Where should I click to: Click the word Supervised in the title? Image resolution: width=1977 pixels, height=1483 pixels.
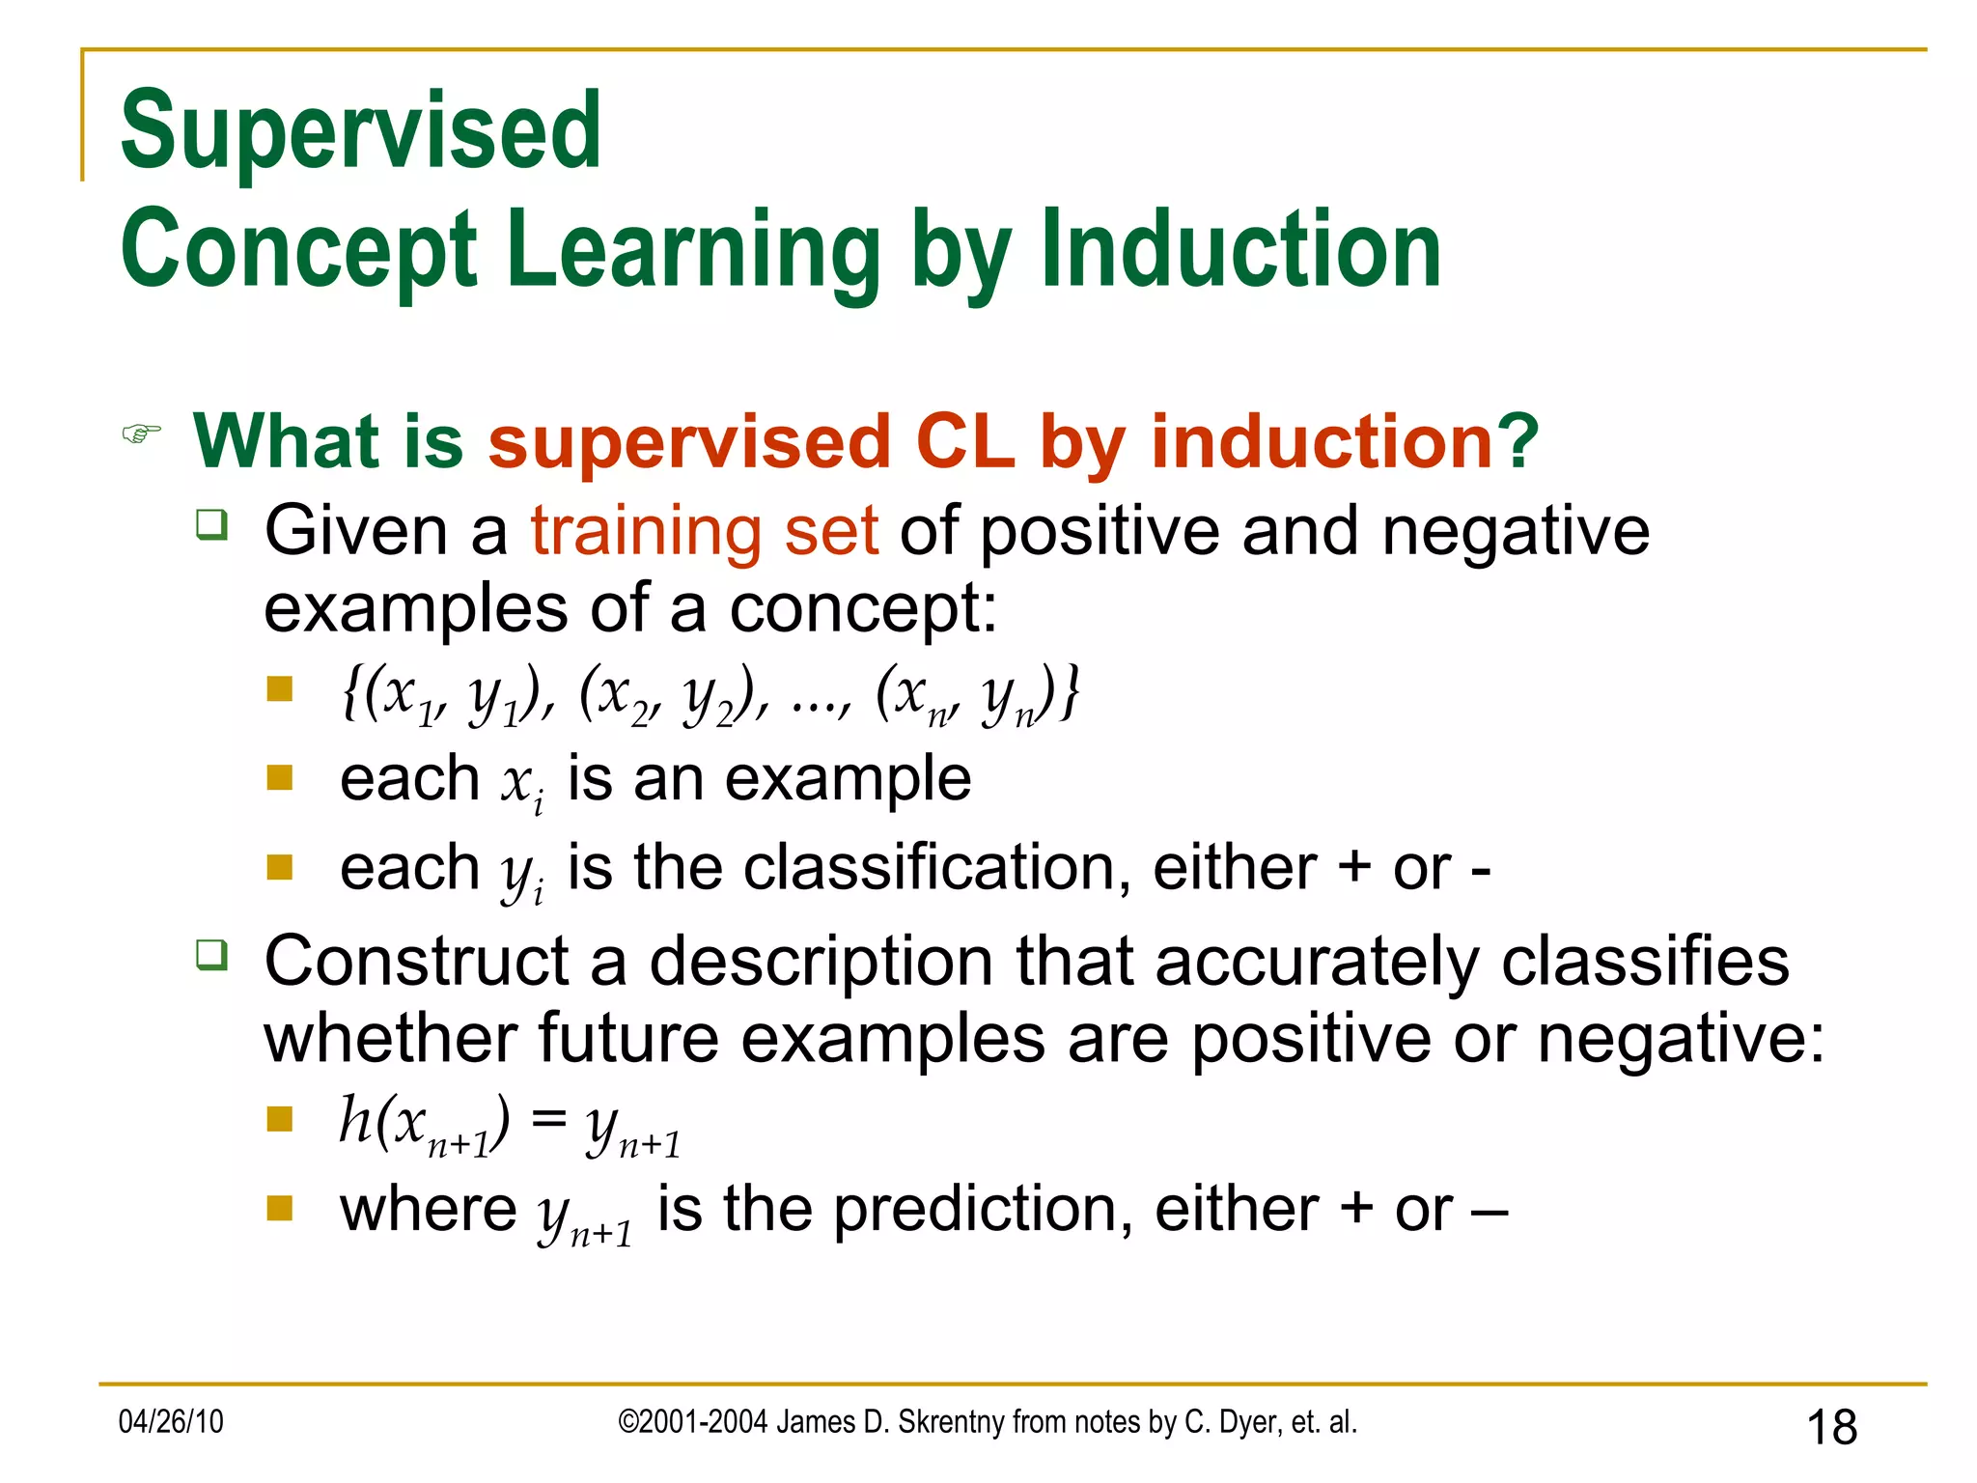coord(361,130)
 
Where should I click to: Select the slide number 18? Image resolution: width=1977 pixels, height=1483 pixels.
coord(1831,1427)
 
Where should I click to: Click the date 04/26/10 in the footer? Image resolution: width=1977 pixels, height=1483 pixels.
coord(171,1421)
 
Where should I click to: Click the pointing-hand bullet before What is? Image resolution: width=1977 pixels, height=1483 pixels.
coord(141,434)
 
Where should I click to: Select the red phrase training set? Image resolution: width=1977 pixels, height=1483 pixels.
coord(705,531)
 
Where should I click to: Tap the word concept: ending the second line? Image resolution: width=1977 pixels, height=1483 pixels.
coord(863,609)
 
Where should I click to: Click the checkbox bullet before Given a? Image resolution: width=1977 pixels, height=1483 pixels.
coord(211,525)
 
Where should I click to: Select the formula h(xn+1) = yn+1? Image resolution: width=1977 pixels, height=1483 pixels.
coord(510,1125)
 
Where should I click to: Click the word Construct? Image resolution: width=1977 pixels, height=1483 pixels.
coord(417,962)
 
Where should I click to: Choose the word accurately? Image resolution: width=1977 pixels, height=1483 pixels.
coord(1317,962)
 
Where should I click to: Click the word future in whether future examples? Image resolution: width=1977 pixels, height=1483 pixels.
coord(628,1039)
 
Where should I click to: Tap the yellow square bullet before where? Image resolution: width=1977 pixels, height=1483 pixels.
coord(280,1208)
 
